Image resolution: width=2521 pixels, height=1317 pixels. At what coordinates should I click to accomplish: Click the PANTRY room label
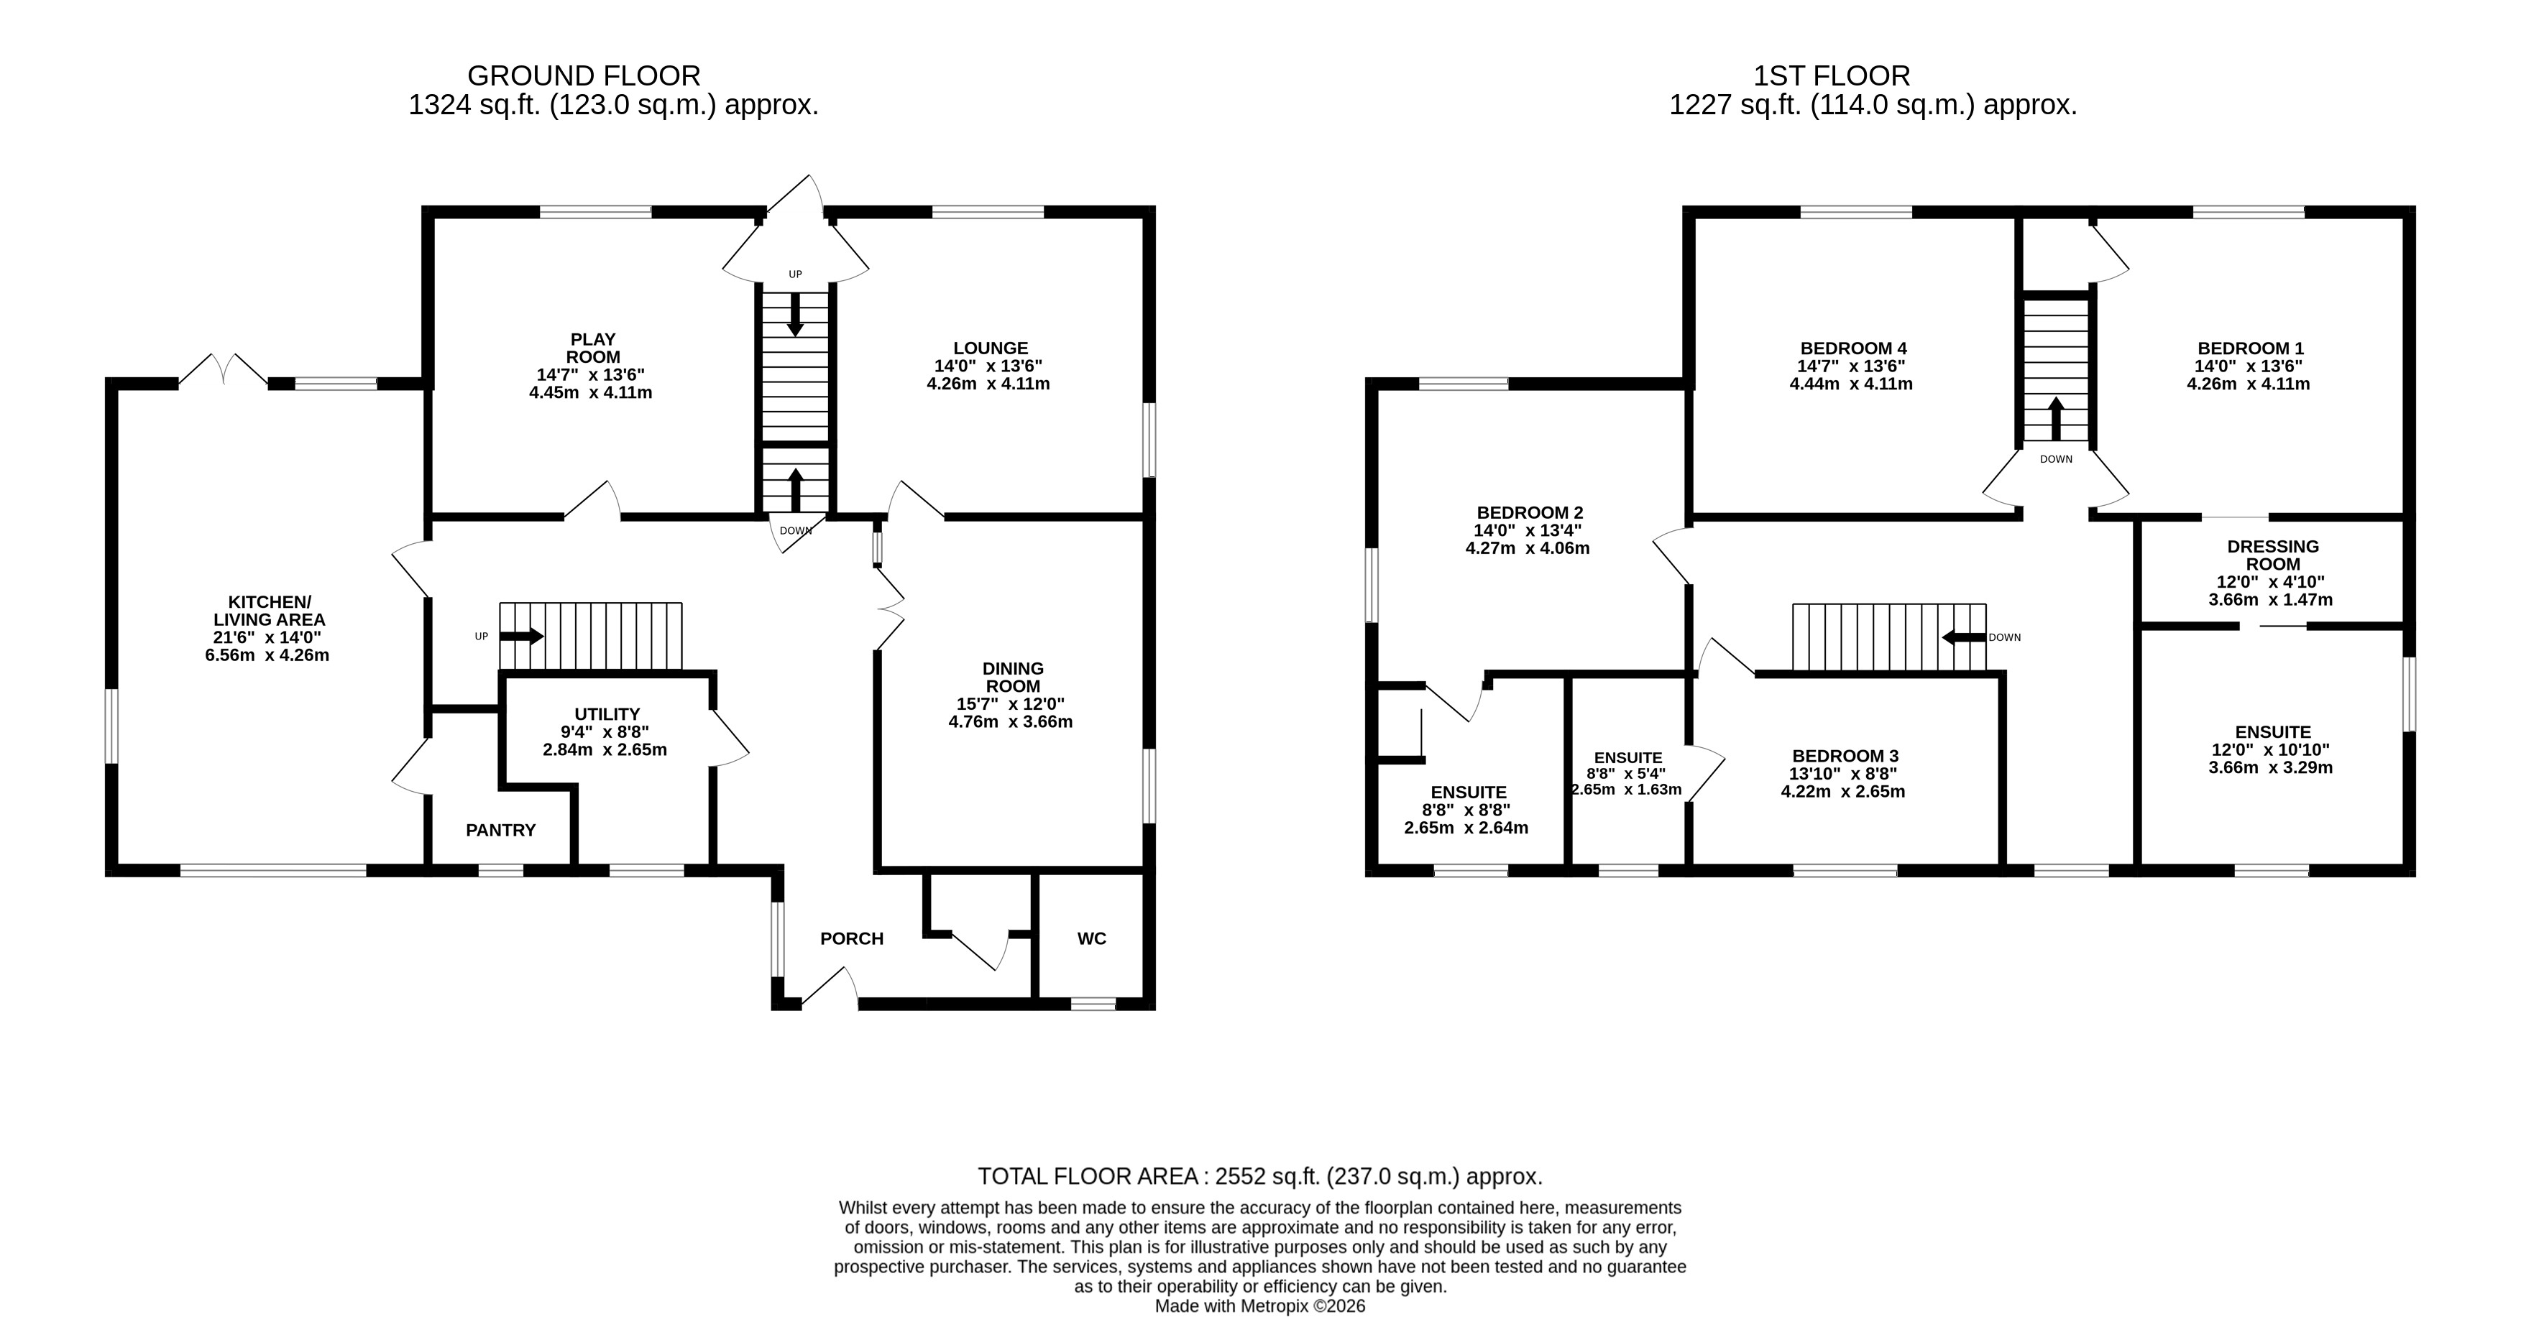pyautogui.click(x=500, y=831)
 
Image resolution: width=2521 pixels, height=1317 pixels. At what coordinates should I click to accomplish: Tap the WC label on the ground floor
pyautogui.click(x=1091, y=939)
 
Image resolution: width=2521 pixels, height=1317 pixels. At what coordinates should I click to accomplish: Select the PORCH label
pyautogui.click(x=851, y=939)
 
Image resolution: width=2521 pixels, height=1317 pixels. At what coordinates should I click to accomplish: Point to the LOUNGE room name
pyautogui.click(x=991, y=348)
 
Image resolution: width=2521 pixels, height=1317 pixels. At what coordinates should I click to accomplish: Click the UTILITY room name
pyautogui.click(x=607, y=714)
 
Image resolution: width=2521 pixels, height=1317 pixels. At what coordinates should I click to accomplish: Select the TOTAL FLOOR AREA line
pyautogui.click(x=1261, y=1176)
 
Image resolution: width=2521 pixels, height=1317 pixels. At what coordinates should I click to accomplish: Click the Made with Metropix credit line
pyautogui.click(x=1261, y=1306)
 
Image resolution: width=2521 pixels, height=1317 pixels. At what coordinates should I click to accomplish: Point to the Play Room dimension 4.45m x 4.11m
pyautogui.click(x=590, y=393)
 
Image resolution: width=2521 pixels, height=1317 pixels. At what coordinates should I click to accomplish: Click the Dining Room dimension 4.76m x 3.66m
pyautogui.click(x=1010, y=722)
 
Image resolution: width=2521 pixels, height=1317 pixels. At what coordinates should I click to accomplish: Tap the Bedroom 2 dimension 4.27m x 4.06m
pyautogui.click(x=1528, y=549)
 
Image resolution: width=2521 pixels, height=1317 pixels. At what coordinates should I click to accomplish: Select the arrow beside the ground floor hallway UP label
pyautogui.click(x=522, y=636)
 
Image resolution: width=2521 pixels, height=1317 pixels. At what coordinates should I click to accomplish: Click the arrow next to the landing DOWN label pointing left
pyautogui.click(x=1964, y=638)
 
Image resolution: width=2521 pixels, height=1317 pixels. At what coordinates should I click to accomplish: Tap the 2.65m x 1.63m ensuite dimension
pyautogui.click(x=1627, y=790)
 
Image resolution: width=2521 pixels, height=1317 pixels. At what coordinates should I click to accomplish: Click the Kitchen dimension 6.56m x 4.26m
pyautogui.click(x=267, y=655)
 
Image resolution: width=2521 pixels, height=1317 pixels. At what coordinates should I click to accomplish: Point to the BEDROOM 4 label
pyautogui.click(x=1854, y=348)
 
